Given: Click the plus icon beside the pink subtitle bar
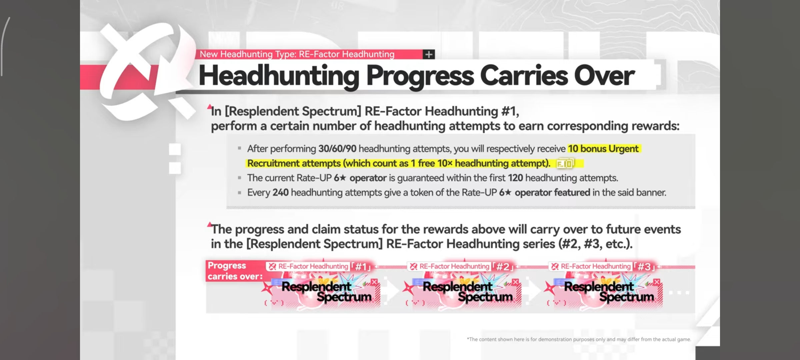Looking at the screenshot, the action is click(x=429, y=54).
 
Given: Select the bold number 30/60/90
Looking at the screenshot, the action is click(x=337, y=149).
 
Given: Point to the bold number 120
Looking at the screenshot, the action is click(x=515, y=178).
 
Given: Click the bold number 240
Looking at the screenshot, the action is click(x=280, y=193).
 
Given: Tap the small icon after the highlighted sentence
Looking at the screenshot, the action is click(x=565, y=164).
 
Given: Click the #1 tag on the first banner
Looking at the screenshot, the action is click(x=361, y=267).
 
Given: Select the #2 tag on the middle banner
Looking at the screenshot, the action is click(x=503, y=267).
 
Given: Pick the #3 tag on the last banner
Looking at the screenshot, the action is click(x=644, y=267).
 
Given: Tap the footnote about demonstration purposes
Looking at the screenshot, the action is click(x=579, y=339).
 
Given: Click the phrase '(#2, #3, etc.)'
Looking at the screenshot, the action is click(x=596, y=244).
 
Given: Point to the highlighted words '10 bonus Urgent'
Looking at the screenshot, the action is click(x=603, y=149).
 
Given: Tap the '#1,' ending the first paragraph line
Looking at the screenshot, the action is click(x=510, y=111).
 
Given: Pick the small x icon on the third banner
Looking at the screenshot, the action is click(x=657, y=282).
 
